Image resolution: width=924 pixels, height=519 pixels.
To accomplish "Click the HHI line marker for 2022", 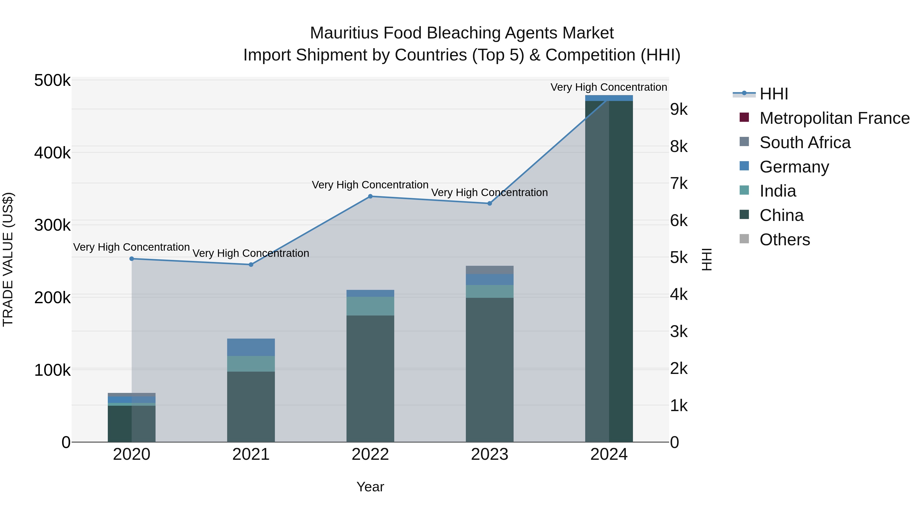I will click(x=370, y=196).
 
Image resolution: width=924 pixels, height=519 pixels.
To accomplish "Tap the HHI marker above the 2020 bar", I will click(x=132, y=259).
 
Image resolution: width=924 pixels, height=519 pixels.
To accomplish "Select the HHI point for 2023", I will click(x=490, y=203).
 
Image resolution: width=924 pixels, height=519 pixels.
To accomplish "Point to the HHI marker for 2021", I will click(x=251, y=265).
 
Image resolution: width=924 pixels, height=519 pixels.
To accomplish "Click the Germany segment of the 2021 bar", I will click(x=251, y=347).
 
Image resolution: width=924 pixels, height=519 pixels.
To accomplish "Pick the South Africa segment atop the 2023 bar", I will click(x=490, y=270).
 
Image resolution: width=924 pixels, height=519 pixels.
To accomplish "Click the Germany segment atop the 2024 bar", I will click(x=609, y=98).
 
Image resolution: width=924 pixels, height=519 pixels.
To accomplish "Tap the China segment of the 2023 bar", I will click(x=490, y=369).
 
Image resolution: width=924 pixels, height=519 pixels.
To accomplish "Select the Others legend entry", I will click(x=784, y=240).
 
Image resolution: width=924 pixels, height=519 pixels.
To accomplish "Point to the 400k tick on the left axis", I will click(x=52, y=153).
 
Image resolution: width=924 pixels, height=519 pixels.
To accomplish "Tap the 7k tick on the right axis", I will click(x=679, y=184).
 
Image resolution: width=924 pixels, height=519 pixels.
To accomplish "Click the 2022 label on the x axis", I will click(x=370, y=454).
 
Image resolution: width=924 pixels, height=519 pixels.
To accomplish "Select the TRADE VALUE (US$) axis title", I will click(x=8, y=259).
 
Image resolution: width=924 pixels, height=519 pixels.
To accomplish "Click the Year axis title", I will click(x=370, y=487).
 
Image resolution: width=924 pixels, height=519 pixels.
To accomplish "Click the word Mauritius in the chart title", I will click(x=344, y=33).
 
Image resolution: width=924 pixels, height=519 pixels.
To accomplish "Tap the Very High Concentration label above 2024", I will click(x=609, y=87).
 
